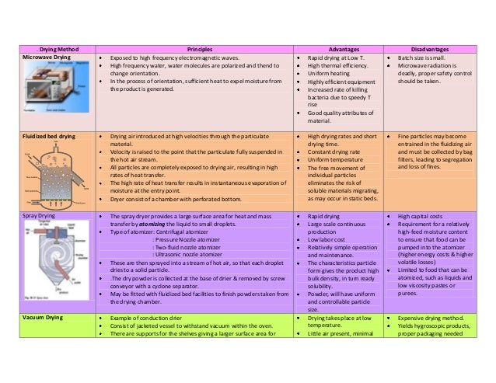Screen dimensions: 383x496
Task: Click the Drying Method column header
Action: (x=48, y=48)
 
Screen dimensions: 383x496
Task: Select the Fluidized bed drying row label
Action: (x=48, y=136)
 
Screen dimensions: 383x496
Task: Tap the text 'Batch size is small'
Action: (x=424, y=58)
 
